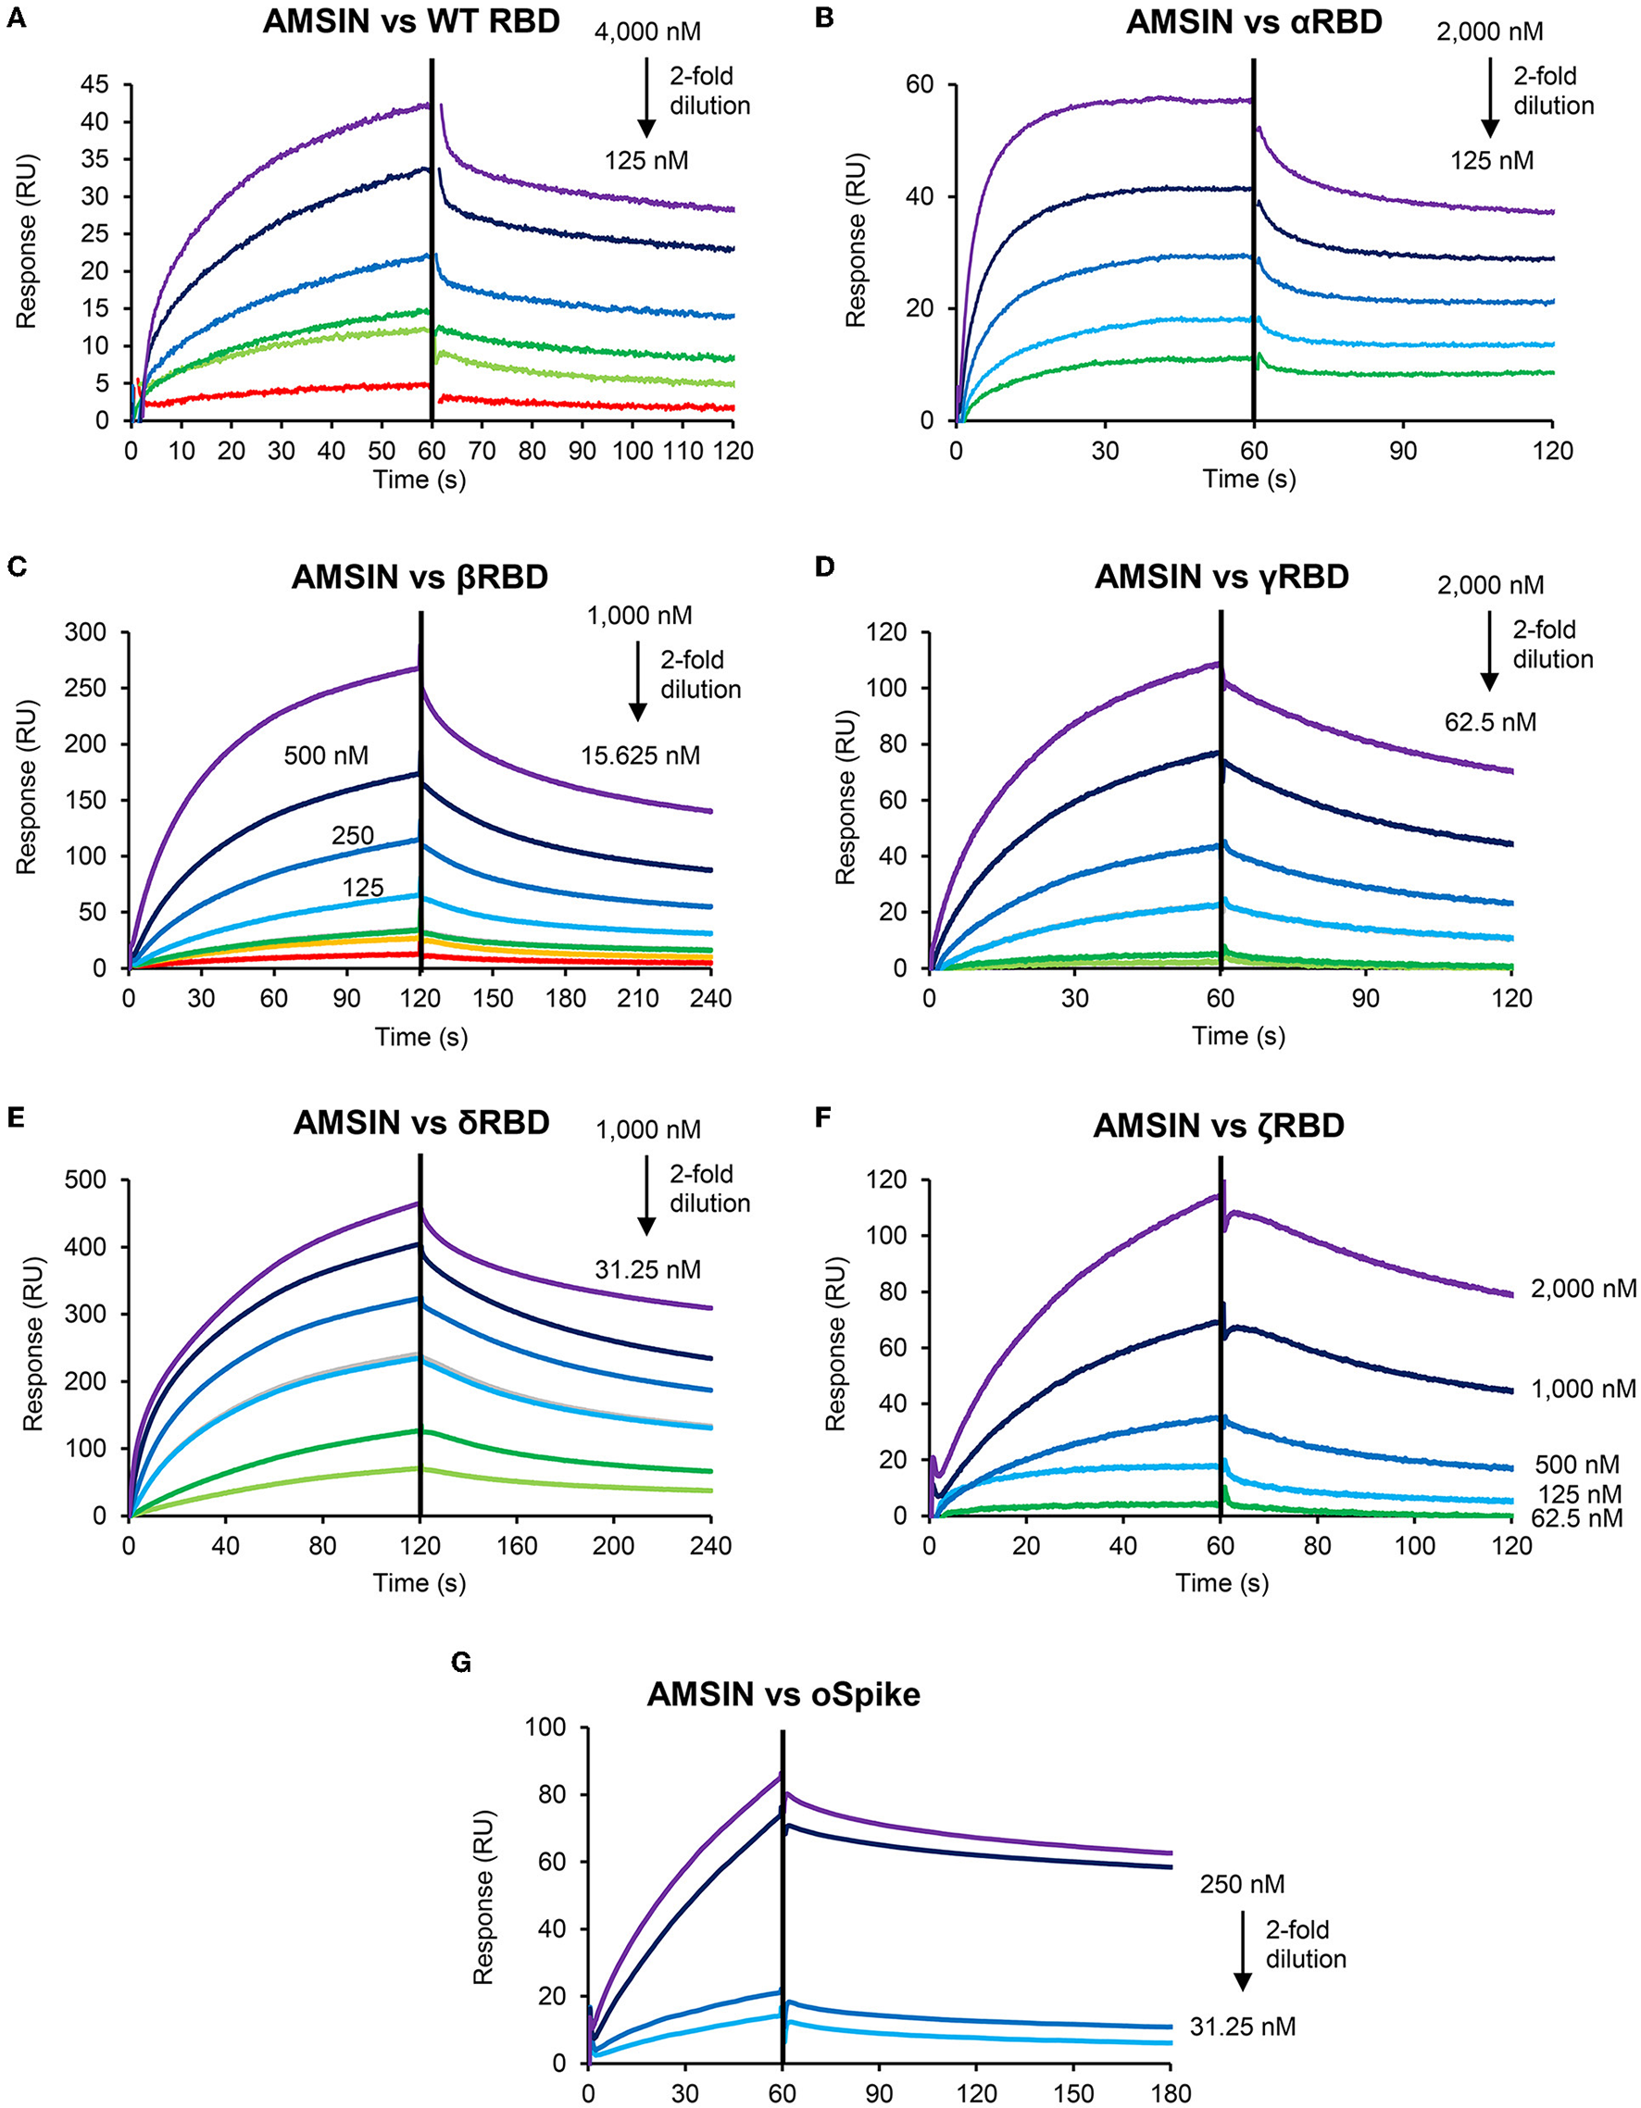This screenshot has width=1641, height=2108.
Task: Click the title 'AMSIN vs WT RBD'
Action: [411, 22]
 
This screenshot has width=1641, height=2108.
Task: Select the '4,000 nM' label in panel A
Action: [646, 31]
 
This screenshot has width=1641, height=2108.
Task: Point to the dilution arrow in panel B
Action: [1490, 96]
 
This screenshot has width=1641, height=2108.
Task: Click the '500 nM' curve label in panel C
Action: [325, 755]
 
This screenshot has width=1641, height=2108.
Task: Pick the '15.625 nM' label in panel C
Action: [640, 755]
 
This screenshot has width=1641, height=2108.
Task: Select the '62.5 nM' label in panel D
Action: [1489, 721]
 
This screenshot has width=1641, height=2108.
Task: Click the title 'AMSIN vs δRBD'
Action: [422, 1123]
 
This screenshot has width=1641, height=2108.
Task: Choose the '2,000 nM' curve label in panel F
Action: [1582, 1289]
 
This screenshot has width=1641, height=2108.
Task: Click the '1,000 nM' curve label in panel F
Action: [1582, 1389]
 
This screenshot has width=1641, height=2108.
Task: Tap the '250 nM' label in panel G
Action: [1243, 1883]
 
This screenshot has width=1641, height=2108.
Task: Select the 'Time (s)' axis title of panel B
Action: [1249, 479]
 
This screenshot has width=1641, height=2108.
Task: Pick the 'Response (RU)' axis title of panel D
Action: [846, 800]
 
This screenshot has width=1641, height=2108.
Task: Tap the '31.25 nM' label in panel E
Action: [648, 1268]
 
